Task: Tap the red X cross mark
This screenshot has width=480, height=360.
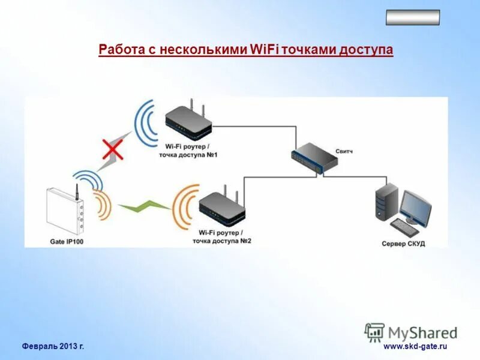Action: [x=113, y=148]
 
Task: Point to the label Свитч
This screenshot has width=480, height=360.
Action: [x=344, y=152]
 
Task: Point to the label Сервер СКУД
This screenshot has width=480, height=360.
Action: [x=403, y=244]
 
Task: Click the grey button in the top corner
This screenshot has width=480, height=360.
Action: [x=412, y=17]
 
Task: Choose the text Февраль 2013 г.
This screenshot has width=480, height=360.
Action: [x=53, y=346]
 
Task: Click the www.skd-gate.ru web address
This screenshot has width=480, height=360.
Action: [x=416, y=346]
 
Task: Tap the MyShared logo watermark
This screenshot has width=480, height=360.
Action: [x=411, y=332]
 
